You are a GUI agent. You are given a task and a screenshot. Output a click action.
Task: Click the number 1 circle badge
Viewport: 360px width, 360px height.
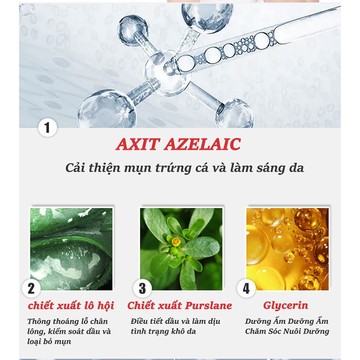coord(47,127)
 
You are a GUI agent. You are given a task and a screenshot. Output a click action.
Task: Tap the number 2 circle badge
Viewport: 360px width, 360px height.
coord(31,288)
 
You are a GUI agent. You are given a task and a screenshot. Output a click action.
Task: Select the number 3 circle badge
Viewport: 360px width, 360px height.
coord(142,288)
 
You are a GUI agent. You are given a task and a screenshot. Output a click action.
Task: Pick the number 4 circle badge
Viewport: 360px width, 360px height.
coord(246,288)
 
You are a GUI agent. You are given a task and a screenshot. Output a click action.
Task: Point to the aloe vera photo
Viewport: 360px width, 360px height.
coord(71,248)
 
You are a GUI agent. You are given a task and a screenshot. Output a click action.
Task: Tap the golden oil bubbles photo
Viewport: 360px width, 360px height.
coord(287,248)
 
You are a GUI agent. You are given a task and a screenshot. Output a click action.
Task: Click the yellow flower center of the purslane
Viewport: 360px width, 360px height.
coord(176,242)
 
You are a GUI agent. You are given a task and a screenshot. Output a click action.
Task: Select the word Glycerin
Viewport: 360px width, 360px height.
coord(286,306)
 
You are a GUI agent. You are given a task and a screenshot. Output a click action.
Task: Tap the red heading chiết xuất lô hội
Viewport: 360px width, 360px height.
coord(71,306)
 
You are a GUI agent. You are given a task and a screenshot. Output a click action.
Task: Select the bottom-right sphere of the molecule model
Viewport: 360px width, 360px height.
coord(234,112)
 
